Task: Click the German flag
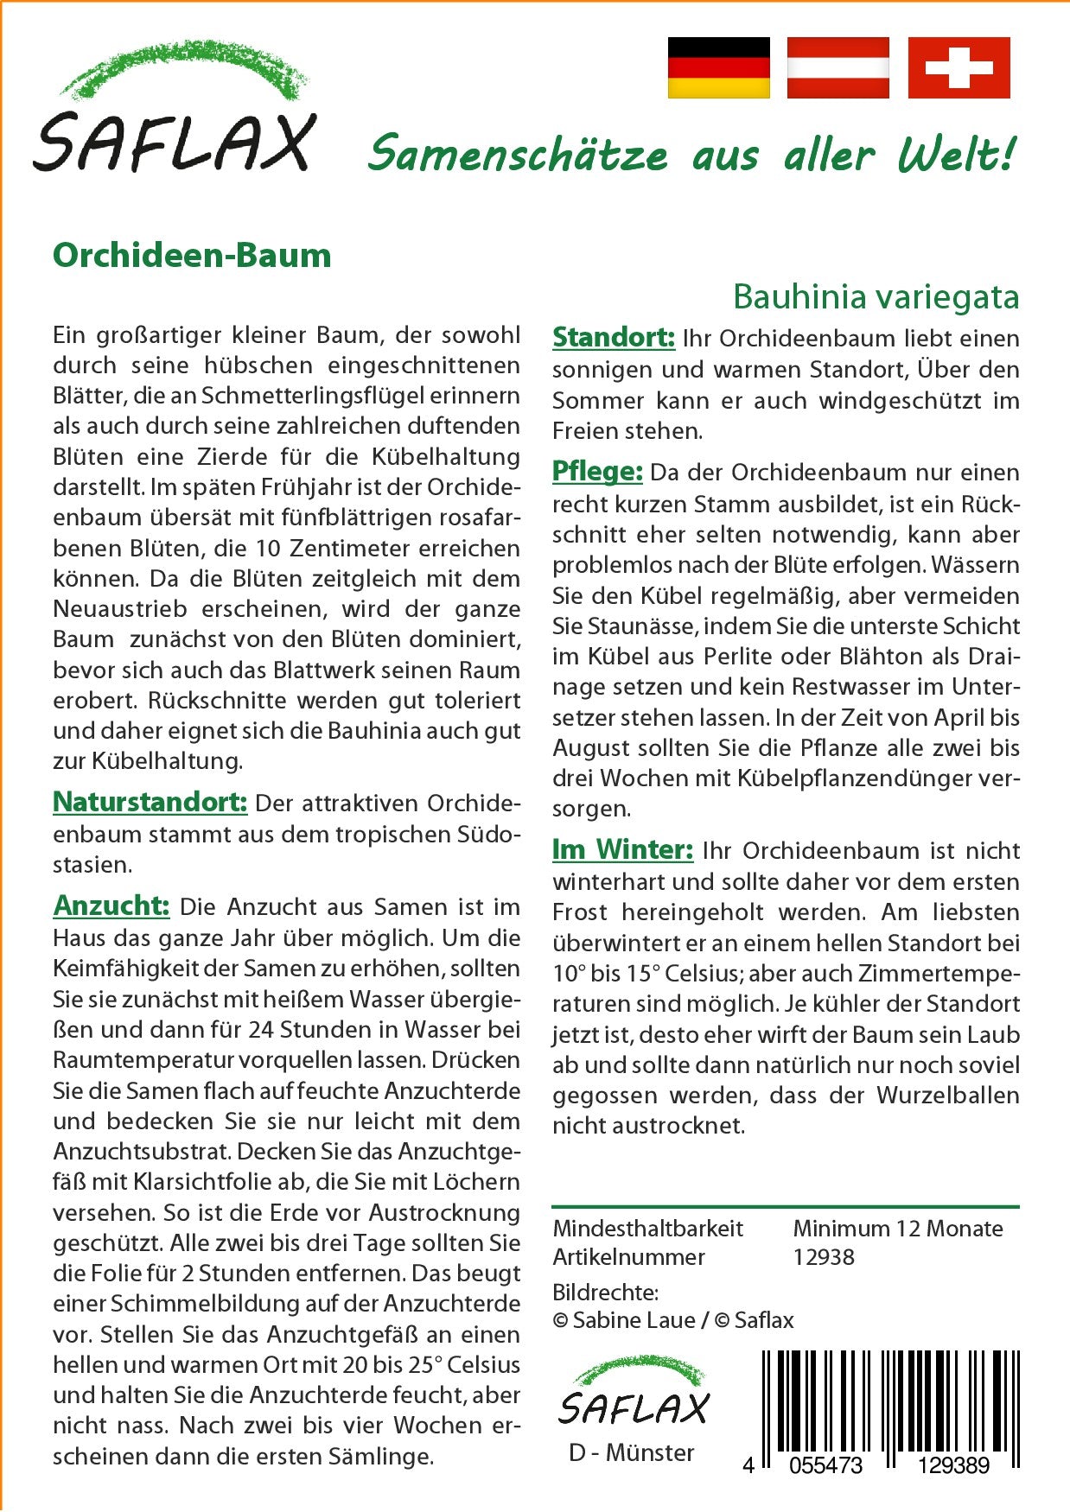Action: (718, 67)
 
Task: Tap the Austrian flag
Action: (838, 67)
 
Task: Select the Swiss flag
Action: (959, 67)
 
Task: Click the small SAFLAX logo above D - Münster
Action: (633, 1394)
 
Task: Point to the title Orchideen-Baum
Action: (192, 256)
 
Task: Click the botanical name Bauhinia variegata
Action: (876, 297)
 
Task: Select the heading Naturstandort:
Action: (150, 802)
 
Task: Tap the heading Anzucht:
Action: (111, 905)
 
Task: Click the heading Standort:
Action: (614, 337)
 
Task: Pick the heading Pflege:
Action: (597, 471)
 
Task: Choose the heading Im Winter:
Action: (622, 849)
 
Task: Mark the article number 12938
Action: (824, 1257)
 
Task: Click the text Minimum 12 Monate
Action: (898, 1228)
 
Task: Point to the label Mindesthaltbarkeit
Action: (648, 1228)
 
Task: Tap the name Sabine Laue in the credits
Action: (634, 1320)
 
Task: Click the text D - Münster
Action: (631, 1452)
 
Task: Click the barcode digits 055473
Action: (825, 1465)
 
